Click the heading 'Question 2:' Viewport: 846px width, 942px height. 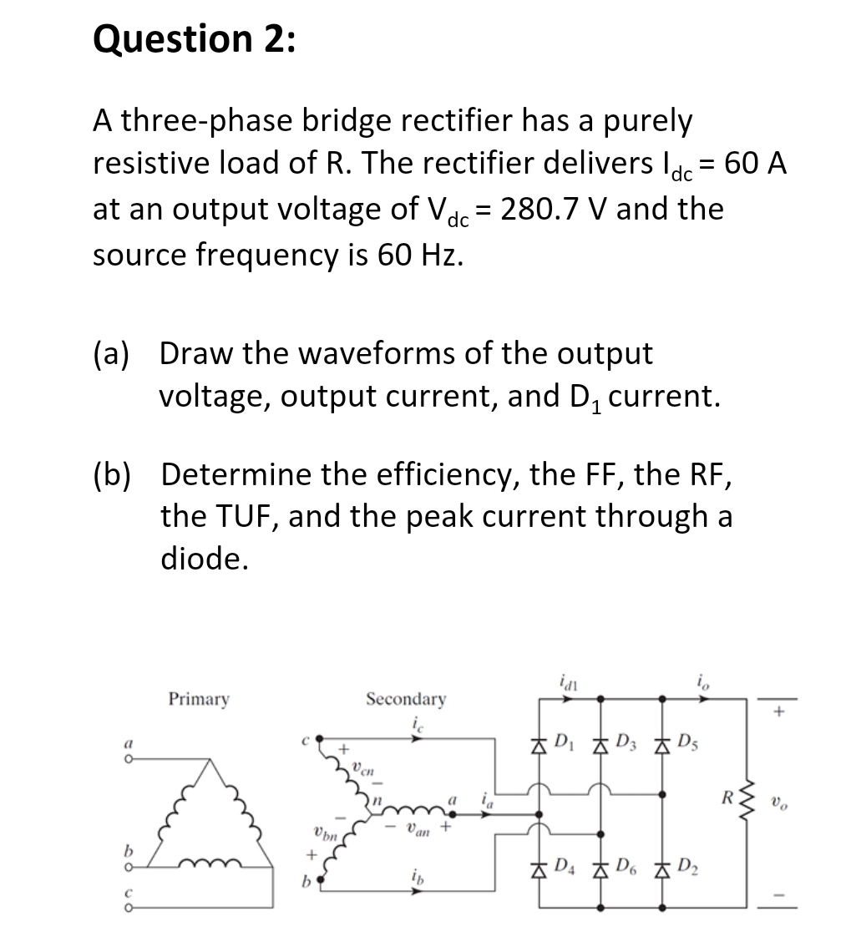(194, 40)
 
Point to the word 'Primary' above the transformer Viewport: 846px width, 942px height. (199, 698)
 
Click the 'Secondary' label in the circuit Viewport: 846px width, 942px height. (406, 698)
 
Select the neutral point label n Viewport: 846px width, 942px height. (377, 800)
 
